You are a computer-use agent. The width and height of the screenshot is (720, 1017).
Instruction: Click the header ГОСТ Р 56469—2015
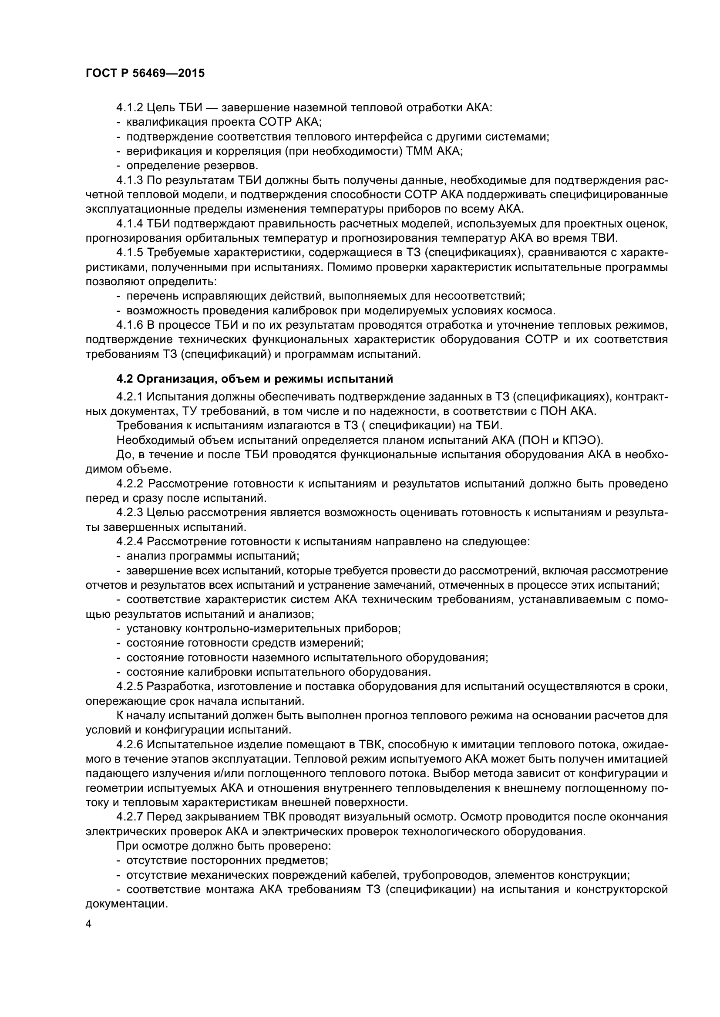pyautogui.click(x=145, y=73)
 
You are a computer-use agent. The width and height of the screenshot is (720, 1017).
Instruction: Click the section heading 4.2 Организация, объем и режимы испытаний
pyautogui.click(x=255, y=379)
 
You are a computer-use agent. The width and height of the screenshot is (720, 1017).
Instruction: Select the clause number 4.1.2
pyautogui.click(x=129, y=108)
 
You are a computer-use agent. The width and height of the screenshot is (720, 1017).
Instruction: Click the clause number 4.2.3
pyautogui.click(x=129, y=513)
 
